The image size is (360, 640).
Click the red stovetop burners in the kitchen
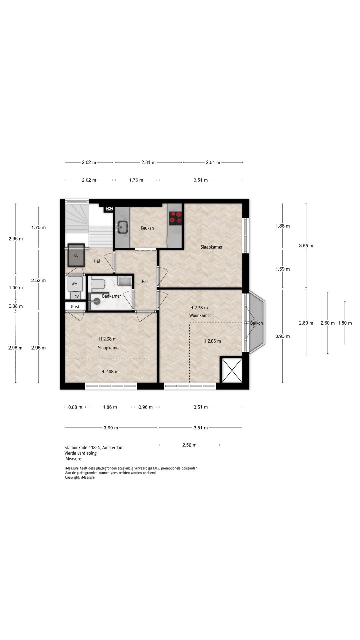click(x=175, y=217)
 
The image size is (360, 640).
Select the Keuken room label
click(x=147, y=228)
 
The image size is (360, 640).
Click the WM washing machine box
click(x=75, y=284)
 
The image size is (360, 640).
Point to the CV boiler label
click(x=77, y=297)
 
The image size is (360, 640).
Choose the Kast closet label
click(x=75, y=307)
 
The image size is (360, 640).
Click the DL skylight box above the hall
click(x=76, y=255)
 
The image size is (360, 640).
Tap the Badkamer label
click(x=111, y=296)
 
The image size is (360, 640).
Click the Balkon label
click(x=256, y=323)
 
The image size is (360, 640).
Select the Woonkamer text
click(x=200, y=315)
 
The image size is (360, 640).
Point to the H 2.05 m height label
click(x=212, y=341)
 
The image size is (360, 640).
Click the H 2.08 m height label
click(x=110, y=372)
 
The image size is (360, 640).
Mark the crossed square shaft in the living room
click(x=231, y=370)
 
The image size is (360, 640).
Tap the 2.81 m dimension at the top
click(x=148, y=163)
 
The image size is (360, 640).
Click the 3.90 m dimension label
click(x=111, y=428)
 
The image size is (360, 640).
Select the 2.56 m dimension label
click(x=189, y=445)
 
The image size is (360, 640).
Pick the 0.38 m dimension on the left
click(x=16, y=306)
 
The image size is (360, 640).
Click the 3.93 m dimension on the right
click(x=283, y=336)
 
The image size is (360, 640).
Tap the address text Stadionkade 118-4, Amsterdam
click(x=94, y=448)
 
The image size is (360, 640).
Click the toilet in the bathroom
click(x=98, y=284)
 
